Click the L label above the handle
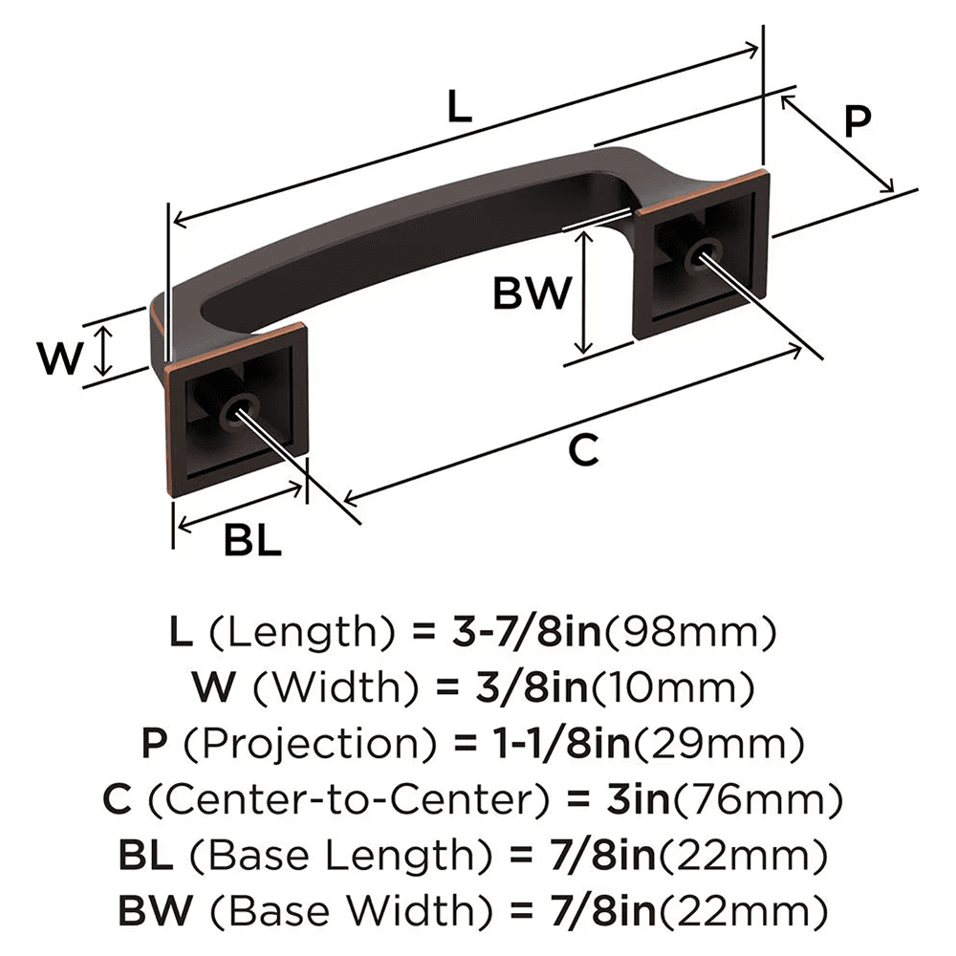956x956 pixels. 460,108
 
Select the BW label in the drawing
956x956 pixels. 532,293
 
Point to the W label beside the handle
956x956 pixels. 56,358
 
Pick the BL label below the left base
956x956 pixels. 252,542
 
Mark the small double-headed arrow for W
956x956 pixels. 105,351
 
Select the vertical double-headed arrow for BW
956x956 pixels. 583,293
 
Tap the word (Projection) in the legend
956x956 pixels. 290,742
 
